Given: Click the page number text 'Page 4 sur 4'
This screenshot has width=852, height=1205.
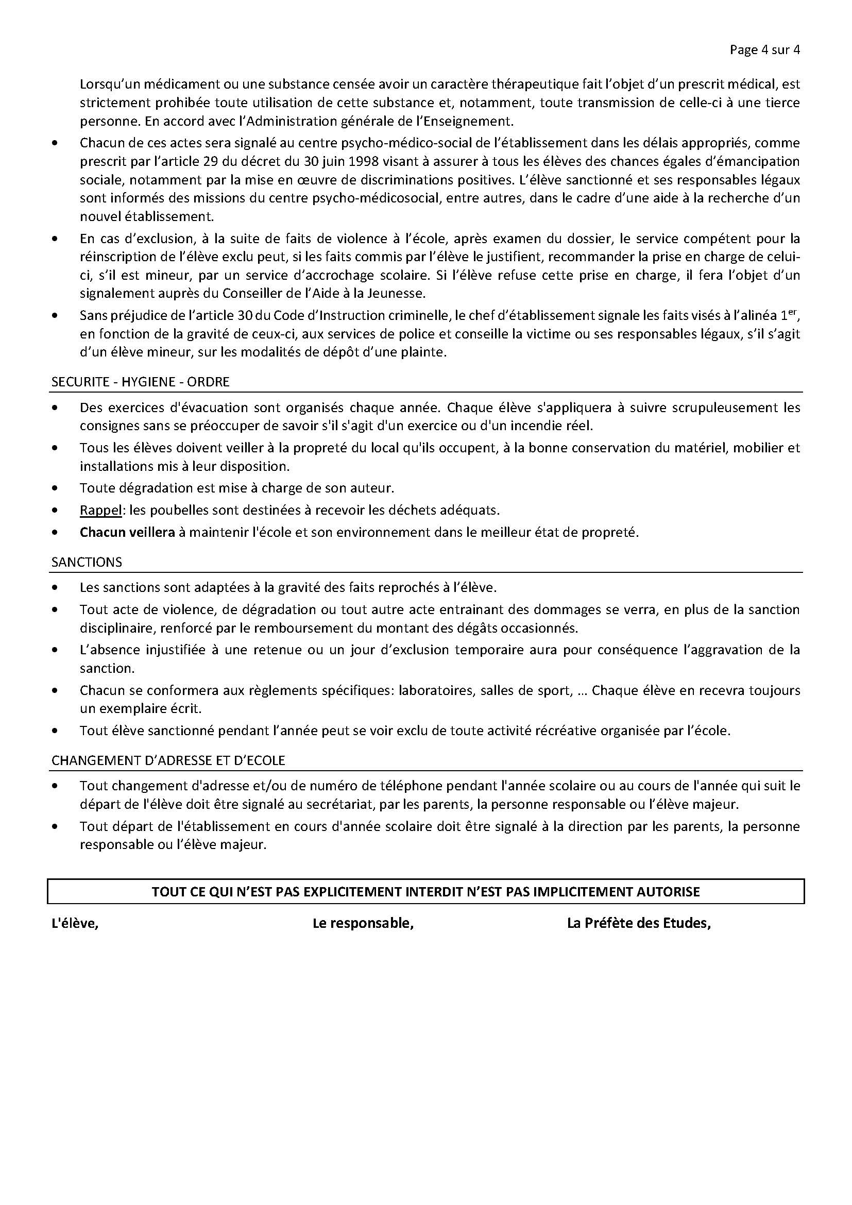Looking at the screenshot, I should click(x=764, y=50).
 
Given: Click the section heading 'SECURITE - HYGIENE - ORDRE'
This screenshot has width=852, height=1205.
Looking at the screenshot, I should click(x=140, y=382).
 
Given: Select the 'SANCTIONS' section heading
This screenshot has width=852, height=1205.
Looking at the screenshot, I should click(x=87, y=562).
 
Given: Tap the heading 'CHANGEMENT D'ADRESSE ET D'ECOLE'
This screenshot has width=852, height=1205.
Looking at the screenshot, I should click(x=168, y=760).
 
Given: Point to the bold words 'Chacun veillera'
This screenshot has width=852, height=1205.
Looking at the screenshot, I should click(x=127, y=532).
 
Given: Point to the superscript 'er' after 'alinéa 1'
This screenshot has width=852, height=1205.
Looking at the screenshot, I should click(x=793, y=312).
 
